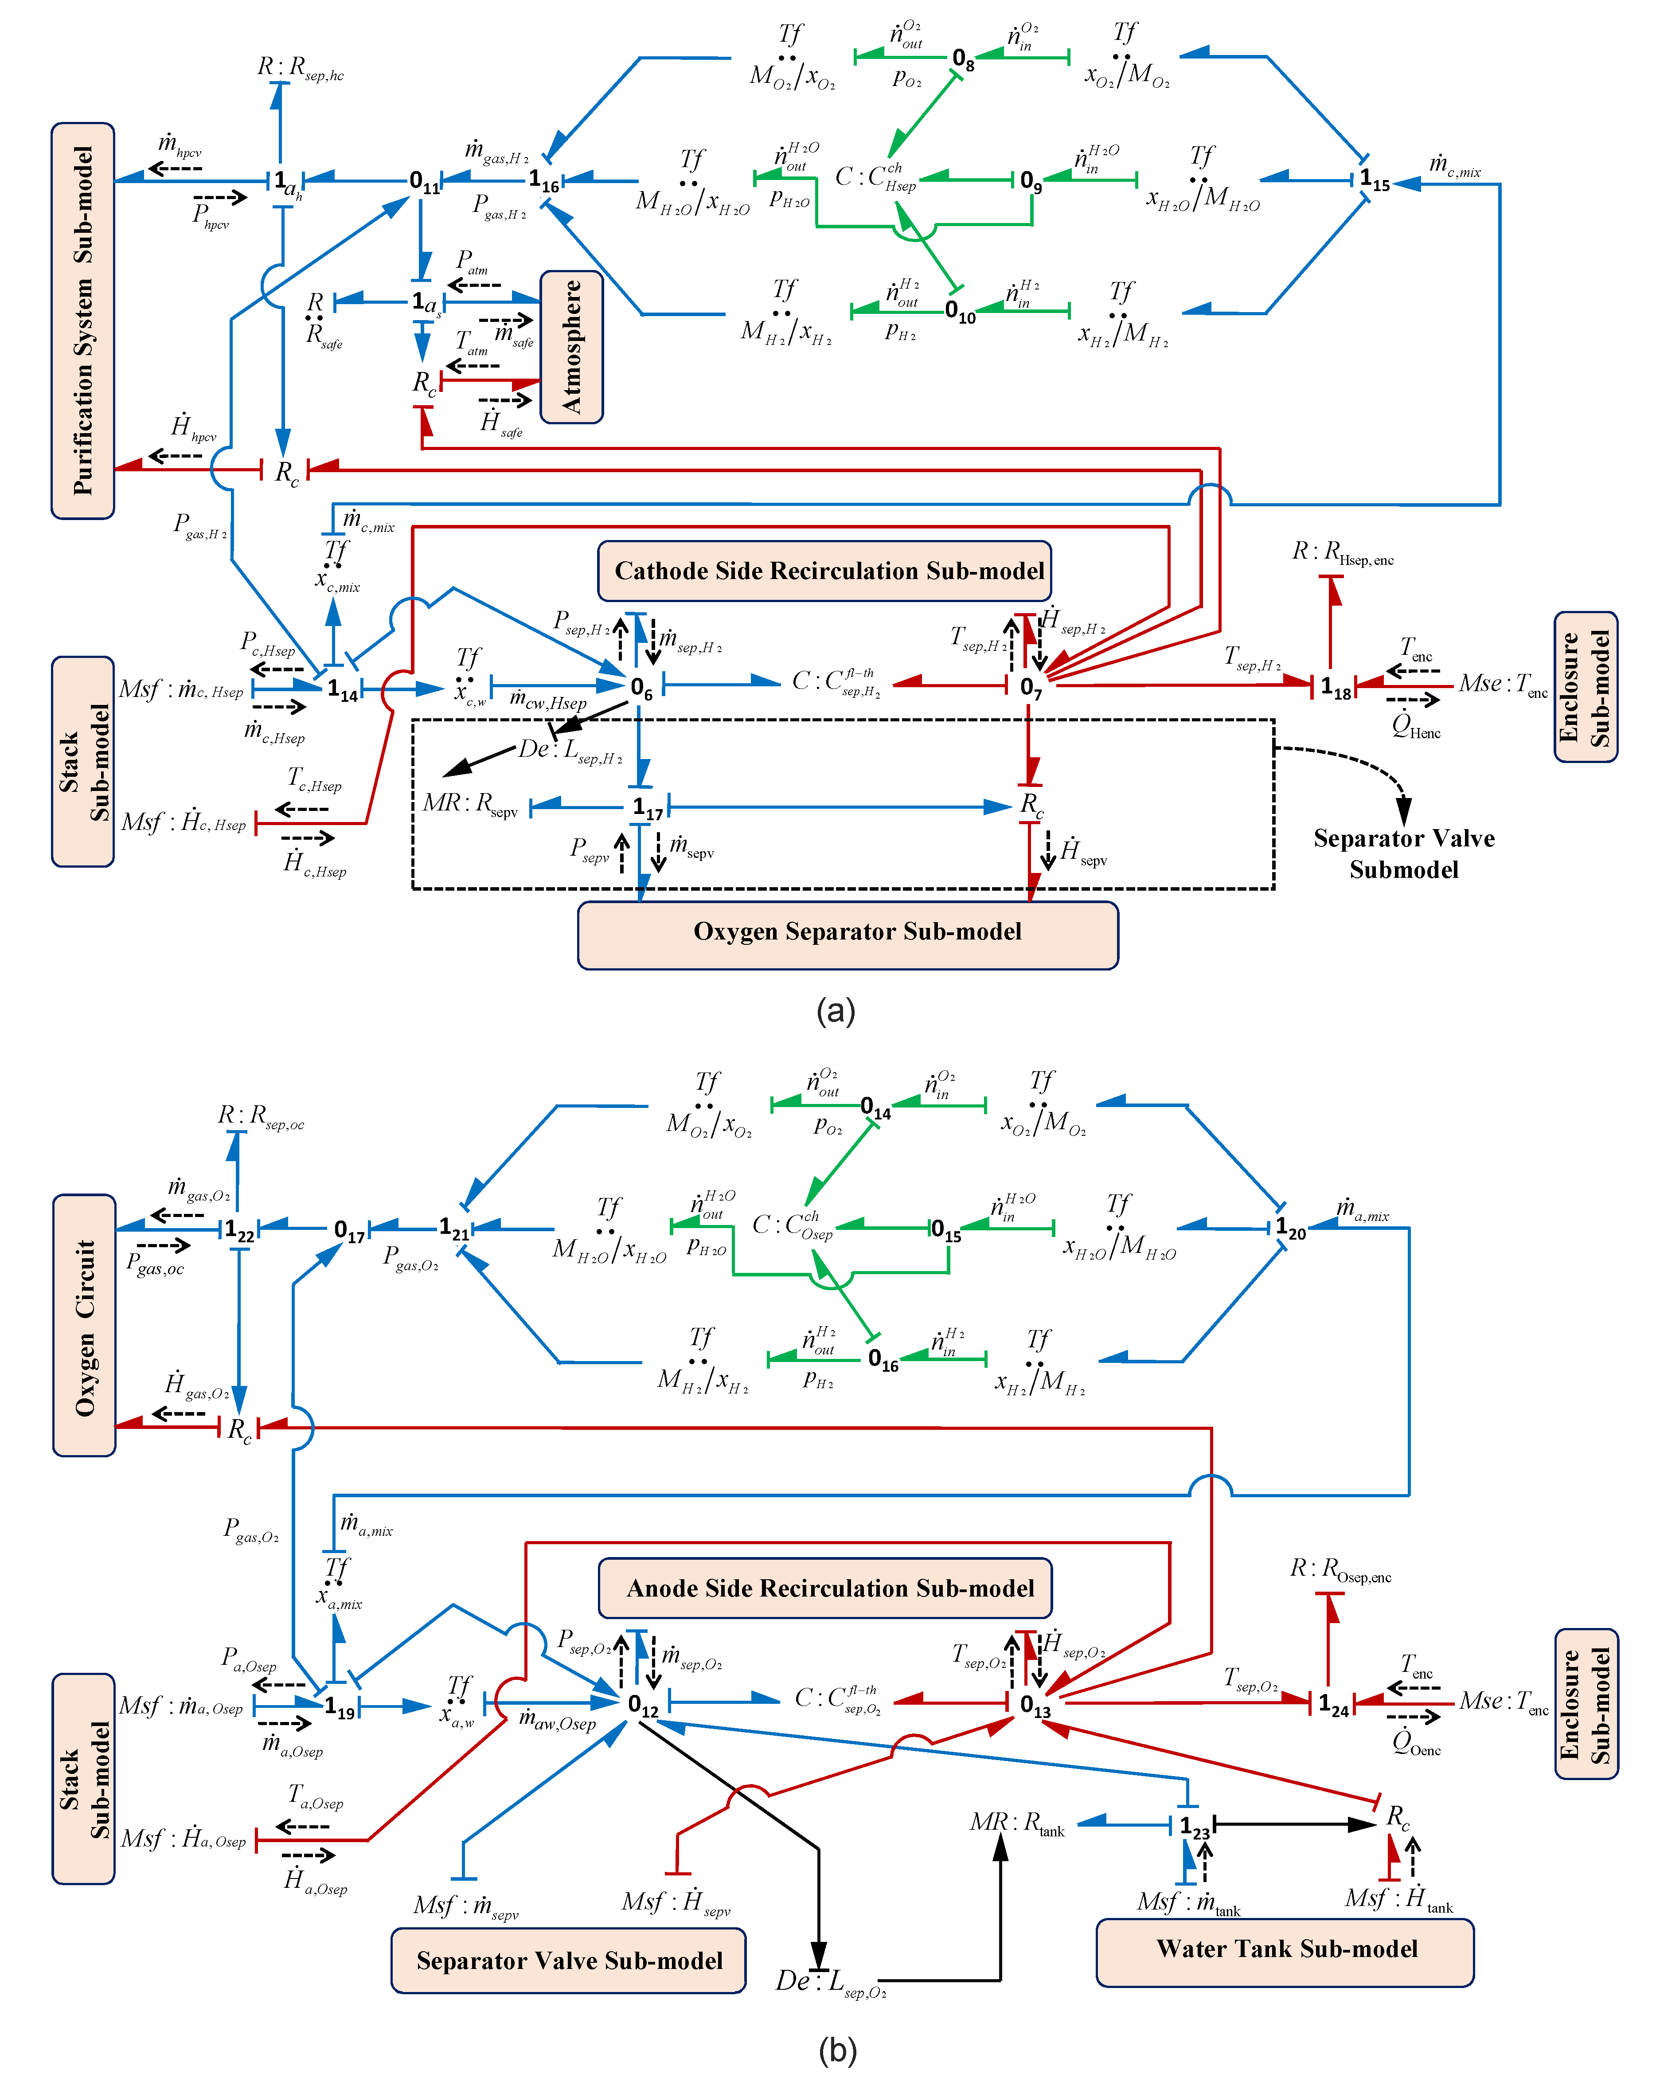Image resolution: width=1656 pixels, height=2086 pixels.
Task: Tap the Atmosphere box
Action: (x=572, y=346)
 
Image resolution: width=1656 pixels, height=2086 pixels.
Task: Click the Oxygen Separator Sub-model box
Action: (x=848, y=935)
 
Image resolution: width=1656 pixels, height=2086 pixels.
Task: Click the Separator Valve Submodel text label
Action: (x=1403, y=853)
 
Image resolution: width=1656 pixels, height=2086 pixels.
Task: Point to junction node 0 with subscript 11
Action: (x=424, y=181)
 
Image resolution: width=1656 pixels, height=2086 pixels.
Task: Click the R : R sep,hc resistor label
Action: (x=300, y=68)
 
